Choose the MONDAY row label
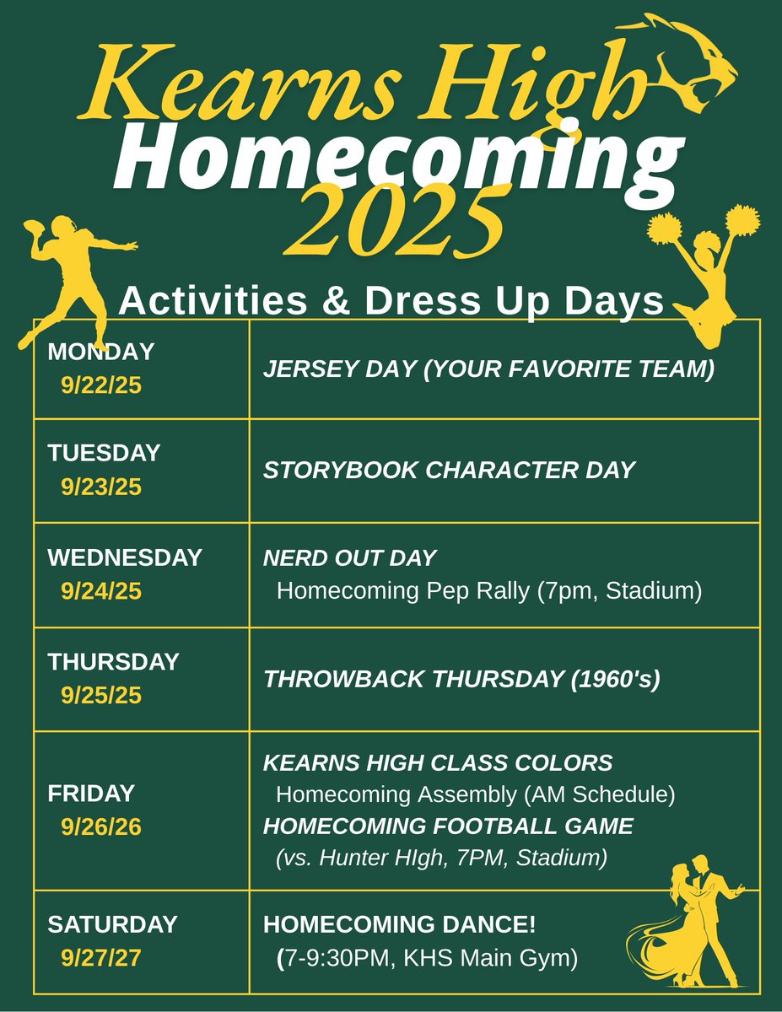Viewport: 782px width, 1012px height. click(x=101, y=351)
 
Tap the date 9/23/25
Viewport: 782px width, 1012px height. click(x=101, y=487)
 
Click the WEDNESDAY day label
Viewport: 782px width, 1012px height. click(x=125, y=557)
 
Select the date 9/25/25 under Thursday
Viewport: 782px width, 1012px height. click(x=101, y=696)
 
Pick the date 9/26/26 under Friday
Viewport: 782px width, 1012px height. click(x=101, y=827)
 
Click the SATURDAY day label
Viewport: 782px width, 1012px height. click(x=112, y=923)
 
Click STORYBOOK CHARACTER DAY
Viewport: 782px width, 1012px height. click(x=449, y=471)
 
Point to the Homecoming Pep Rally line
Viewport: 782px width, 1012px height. click(x=489, y=591)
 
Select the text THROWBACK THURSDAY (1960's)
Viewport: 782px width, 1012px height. click(x=461, y=679)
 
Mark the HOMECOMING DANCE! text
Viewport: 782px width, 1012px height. click(x=400, y=923)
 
